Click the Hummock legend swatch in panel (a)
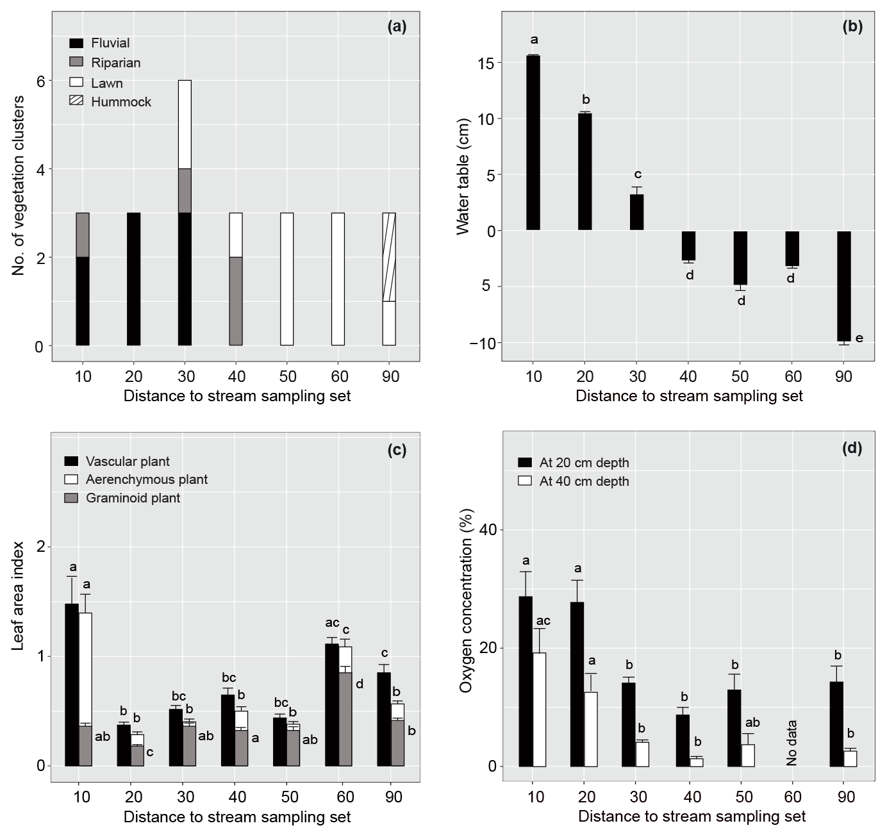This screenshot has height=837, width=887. (76, 101)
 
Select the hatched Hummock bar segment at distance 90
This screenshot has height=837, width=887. (389, 257)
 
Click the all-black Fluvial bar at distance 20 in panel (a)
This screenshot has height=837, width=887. (133, 279)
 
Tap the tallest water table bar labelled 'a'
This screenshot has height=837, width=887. (533, 142)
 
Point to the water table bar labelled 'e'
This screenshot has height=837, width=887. (843, 286)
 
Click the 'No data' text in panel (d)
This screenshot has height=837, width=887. (792, 743)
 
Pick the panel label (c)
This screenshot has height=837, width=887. (397, 450)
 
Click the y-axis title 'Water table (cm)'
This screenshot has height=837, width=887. (463, 176)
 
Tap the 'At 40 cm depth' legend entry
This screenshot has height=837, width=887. (584, 481)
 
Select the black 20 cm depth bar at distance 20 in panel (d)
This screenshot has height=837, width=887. (577, 684)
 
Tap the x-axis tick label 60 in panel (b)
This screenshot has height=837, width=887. (793, 376)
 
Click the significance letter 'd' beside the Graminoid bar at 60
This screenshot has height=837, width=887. (360, 684)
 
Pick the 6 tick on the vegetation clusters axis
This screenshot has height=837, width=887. (40, 81)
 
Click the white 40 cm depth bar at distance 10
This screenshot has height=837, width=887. (539, 709)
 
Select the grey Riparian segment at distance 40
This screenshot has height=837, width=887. (236, 301)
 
